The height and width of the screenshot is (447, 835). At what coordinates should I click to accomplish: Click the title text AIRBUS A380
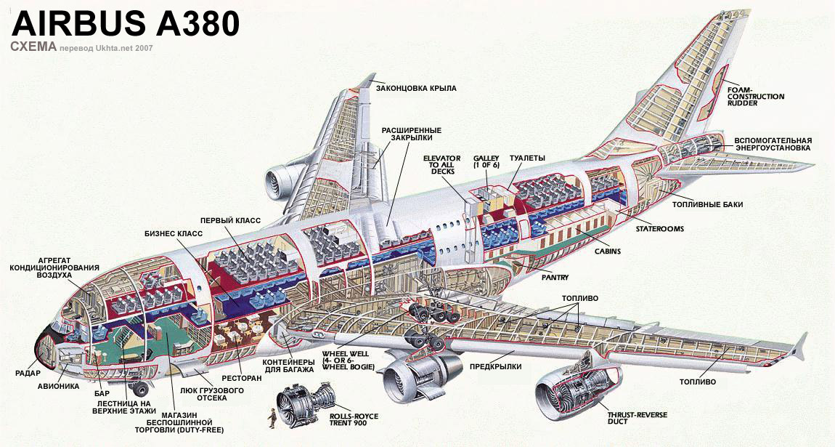[x=125, y=24]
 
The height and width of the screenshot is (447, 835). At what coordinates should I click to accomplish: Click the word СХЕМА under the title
[x=33, y=47]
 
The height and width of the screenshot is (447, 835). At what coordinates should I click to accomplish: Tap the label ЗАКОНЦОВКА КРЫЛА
[x=416, y=88]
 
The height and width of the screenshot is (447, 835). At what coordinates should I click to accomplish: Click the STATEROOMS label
[x=659, y=228]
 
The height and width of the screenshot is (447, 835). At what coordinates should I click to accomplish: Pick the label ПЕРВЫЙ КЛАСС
[x=230, y=220]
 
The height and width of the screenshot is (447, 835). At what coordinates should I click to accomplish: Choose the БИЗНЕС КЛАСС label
[x=174, y=233]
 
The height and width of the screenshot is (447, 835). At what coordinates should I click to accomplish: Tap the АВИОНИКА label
[x=58, y=386]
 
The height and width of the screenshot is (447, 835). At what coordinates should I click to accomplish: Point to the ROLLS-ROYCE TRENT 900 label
[x=354, y=421]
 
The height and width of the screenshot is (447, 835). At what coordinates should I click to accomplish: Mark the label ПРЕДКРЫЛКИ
[x=496, y=366]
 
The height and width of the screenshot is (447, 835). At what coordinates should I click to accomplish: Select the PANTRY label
[x=555, y=277]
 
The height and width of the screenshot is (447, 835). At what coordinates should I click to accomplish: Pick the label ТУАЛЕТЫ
[x=527, y=158]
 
